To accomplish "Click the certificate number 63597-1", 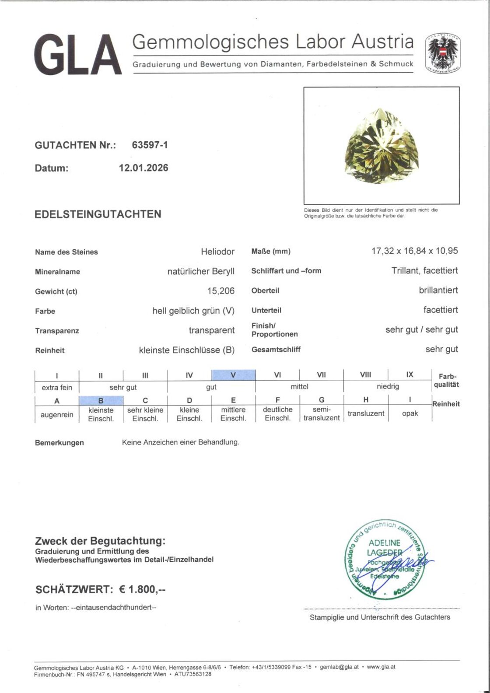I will [150, 145].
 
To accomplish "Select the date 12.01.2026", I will [143, 168].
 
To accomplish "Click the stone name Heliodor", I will [217, 252].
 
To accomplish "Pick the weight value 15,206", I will [220, 291].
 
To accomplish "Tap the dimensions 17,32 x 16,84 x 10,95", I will [414, 251].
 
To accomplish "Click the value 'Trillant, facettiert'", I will [424, 271].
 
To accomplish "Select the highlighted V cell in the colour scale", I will [233, 375].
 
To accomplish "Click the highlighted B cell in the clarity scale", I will [101, 400].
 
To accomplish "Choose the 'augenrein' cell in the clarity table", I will [56, 414].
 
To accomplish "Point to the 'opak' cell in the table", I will [409, 413].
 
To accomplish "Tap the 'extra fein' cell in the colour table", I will [57, 387].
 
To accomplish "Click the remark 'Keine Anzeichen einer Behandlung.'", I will [181, 442].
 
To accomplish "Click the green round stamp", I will [382, 561].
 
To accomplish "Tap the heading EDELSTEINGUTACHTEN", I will [98, 214].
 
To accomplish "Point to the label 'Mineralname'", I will [57, 272].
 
